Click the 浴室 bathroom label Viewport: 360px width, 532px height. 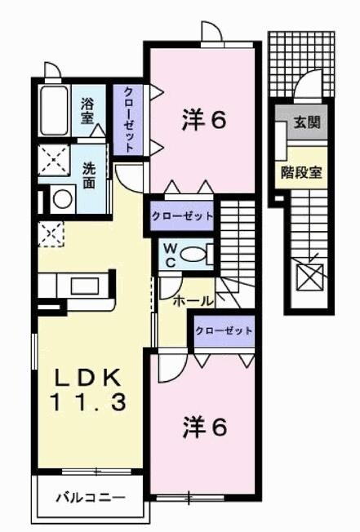pyautogui.click(x=87, y=110)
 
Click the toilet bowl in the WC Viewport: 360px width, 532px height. pyautogui.click(x=193, y=255)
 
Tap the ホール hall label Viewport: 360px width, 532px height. pyautogui.click(x=193, y=300)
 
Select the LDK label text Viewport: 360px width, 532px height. pyautogui.click(x=88, y=376)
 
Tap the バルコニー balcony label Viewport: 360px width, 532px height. pyautogui.click(x=90, y=496)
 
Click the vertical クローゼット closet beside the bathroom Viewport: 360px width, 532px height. pyautogui.click(x=130, y=119)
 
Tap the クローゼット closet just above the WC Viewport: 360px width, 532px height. pyautogui.click(x=181, y=217)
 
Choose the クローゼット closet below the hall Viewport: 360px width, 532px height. pyautogui.click(x=223, y=331)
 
